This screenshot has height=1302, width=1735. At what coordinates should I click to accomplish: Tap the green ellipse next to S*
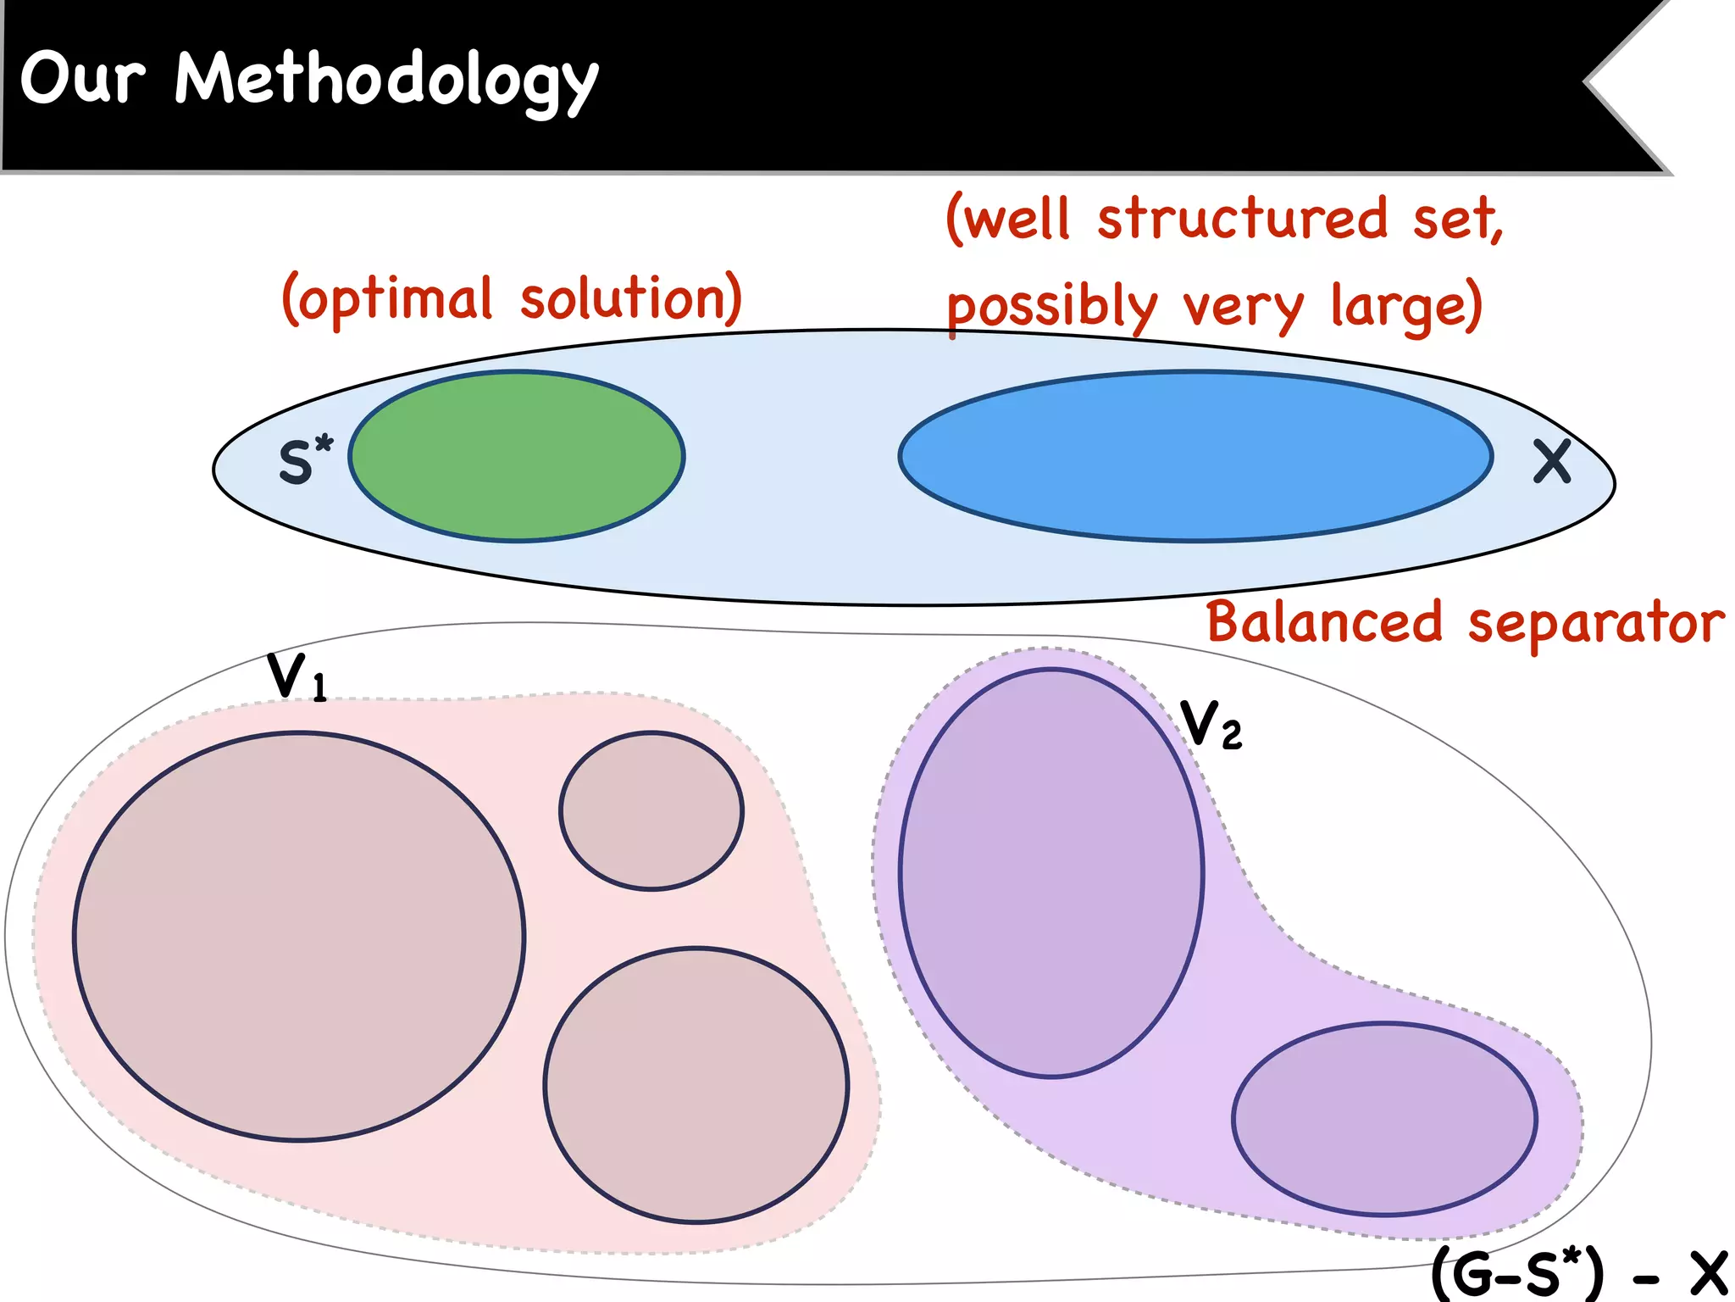517,456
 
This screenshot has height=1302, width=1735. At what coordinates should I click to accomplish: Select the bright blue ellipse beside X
1195,456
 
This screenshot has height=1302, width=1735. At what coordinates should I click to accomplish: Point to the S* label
305,461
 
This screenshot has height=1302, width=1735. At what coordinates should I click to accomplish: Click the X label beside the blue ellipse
1552,462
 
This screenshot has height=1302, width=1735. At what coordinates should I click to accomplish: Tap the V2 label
1211,726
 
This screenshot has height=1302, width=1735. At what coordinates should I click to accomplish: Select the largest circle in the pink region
299,937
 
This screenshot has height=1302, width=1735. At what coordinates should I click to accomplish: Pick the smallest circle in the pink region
651,811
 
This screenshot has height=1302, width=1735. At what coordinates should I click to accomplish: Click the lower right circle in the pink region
696,1085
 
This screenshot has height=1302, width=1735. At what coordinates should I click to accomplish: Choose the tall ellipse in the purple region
1051,873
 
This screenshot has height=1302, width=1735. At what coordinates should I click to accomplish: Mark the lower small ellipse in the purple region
1384,1119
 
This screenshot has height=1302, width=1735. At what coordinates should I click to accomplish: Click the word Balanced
1324,622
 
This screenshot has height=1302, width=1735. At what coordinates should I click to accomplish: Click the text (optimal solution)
512,298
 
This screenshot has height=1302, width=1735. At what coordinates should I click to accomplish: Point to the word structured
1243,219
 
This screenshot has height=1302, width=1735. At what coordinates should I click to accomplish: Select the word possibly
1051,307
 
